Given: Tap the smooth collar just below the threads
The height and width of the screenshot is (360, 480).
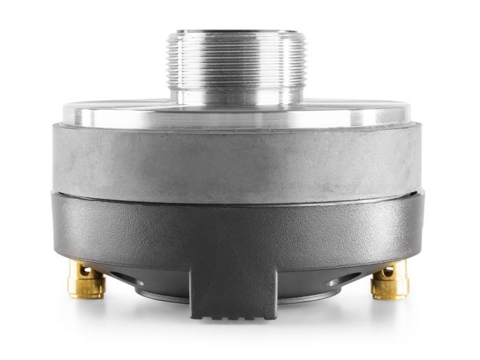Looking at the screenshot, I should pyautogui.click(x=236, y=95).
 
